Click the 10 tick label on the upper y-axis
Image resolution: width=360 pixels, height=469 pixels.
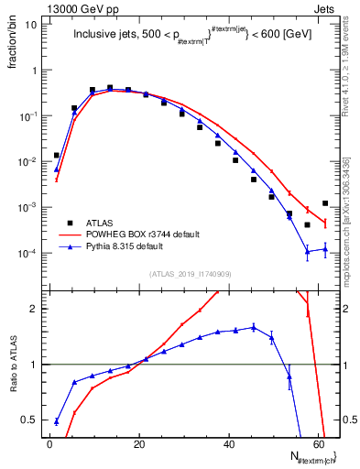tap(31, 25)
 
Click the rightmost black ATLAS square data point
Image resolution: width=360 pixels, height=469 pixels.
tap(325, 203)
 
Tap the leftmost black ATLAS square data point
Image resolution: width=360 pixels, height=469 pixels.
tap(57, 156)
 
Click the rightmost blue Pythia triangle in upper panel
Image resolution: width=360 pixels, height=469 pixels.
tap(325, 248)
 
